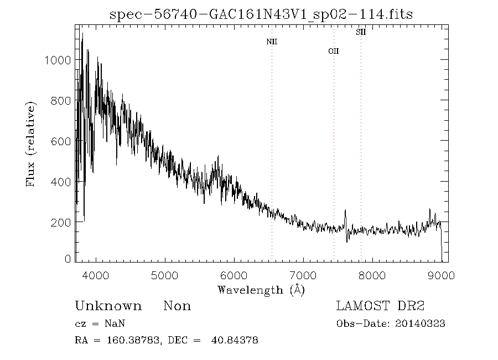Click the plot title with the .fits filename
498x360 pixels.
pos(261,14)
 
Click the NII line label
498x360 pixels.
pos(272,42)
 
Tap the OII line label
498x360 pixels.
pos(333,51)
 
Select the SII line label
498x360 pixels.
pos(361,32)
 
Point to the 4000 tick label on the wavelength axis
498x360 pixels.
pos(96,275)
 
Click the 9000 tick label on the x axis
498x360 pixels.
pos(441,275)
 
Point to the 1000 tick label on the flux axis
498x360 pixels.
pos(57,60)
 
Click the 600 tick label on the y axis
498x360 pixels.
pos(60,141)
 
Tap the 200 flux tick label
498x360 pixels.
pos(60,222)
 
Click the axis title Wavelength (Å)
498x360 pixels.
pos(261,290)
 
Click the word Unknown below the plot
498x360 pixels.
pos(108,306)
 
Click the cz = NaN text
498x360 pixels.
pos(103,323)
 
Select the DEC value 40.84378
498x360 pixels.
pos(235,340)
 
